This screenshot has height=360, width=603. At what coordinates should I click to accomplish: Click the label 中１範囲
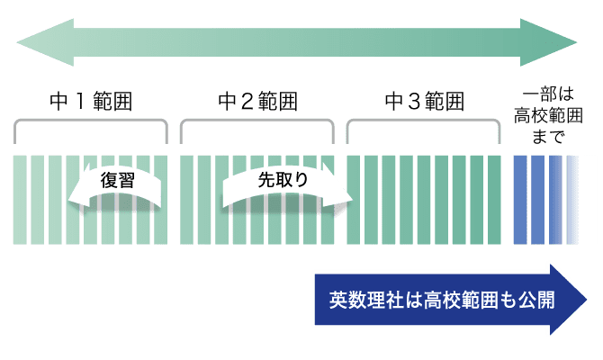pos(90,101)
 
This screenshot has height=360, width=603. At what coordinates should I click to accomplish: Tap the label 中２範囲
pos(257,101)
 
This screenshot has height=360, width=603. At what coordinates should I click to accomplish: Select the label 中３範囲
pos(423,101)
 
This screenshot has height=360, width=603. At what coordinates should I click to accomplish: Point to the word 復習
pos(117,179)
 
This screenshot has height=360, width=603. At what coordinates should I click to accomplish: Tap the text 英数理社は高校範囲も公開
pos(441,300)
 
